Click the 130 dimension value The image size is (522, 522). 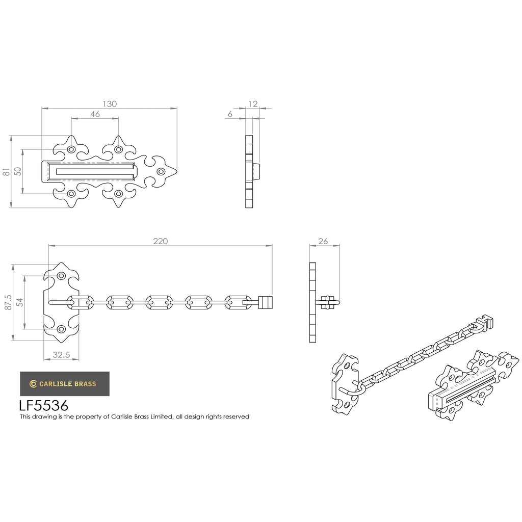pos(110,104)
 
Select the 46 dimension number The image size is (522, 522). pos(95,114)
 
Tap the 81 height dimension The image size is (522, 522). pos(6,172)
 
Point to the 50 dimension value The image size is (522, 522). pos(18,171)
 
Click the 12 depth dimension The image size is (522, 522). pos(253,104)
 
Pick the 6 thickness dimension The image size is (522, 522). pos(230,114)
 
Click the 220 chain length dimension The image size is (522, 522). pos(161,241)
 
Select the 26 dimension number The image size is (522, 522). pos(323,241)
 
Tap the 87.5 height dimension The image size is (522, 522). pos(8,302)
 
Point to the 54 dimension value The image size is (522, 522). pos(20,302)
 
